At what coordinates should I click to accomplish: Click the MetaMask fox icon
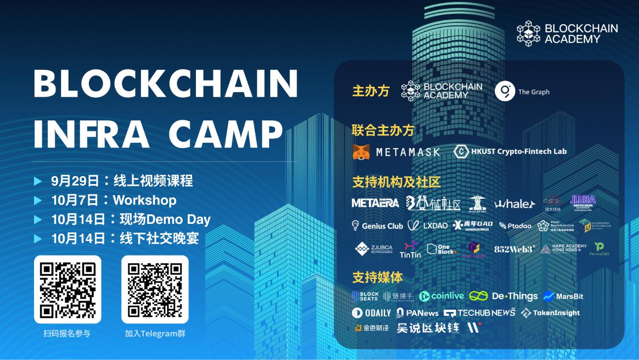pos(361,152)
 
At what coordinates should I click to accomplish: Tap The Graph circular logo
pos(504,92)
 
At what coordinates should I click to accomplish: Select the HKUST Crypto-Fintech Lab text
pos(519,151)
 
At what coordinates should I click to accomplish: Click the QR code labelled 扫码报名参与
pos(68,290)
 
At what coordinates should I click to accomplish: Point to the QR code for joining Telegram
pos(155,290)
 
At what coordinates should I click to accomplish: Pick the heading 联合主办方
pos(383,130)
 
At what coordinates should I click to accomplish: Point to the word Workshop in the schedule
pos(144,200)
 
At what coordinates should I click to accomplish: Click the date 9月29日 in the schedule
pos(75,181)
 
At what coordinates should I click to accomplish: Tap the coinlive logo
pos(441,296)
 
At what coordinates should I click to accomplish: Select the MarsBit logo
pos(563,296)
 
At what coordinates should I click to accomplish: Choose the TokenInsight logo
pos(550,313)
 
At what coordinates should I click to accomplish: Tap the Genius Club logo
pos(377,225)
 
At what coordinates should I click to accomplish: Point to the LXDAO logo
pos(428,225)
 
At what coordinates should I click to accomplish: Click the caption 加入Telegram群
pos(155,333)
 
